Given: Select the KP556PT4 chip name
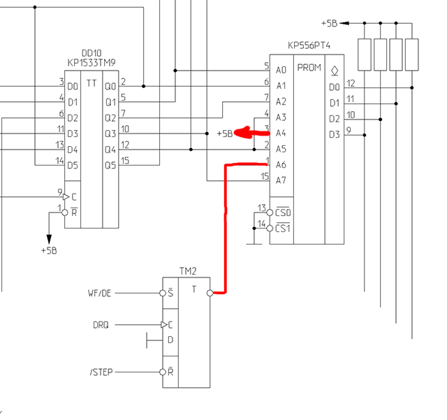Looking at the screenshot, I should click(x=310, y=45).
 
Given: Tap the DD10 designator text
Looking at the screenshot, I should click(x=91, y=52).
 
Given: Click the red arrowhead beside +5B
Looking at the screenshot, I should click(x=241, y=132).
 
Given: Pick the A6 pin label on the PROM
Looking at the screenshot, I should click(x=281, y=164).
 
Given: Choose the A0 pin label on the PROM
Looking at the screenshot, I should click(x=281, y=70).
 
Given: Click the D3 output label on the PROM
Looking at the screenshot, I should click(x=335, y=133).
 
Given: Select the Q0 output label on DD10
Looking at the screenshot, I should click(x=110, y=86).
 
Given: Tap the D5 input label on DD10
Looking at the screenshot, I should click(x=73, y=165).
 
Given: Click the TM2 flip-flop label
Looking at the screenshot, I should click(x=187, y=270).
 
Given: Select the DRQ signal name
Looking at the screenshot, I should click(x=101, y=325).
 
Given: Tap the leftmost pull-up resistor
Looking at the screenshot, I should click(x=364, y=55).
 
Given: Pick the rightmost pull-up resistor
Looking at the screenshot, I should click(x=412, y=55).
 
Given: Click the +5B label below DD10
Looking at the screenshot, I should click(x=49, y=250).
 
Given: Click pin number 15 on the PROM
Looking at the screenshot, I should click(x=265, y=176).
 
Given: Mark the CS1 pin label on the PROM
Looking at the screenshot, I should click(x=283, y=228).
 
